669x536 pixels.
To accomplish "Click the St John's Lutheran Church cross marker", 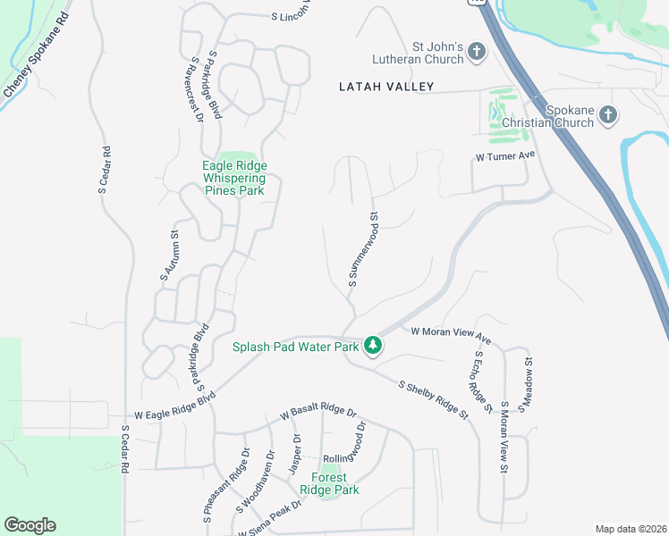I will pos(476,52).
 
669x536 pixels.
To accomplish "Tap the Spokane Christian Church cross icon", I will pos(608,114).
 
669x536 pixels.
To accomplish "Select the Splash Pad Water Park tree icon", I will pos(373,346).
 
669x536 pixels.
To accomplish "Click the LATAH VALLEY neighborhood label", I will pos(386,87).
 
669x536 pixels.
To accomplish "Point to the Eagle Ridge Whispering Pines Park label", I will pos(234,178).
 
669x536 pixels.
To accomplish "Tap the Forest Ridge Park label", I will pos(329,483).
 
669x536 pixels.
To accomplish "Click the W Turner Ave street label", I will pos(504,155).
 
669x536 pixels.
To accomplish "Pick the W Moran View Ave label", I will pos(452,336).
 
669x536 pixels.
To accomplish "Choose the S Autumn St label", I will pos(170,255).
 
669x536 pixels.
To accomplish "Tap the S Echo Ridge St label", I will pos(482,382).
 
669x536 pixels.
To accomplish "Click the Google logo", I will pos(30,525).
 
